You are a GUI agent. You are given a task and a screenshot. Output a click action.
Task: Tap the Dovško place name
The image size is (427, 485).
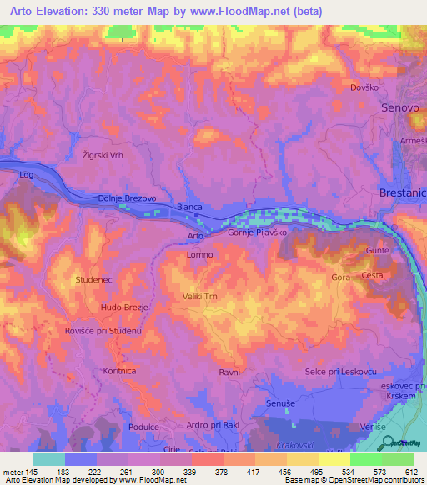[364, 87]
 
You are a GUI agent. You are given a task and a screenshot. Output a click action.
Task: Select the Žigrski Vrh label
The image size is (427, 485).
[103, 155]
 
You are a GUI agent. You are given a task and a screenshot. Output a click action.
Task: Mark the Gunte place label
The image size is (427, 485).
[378, 251]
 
